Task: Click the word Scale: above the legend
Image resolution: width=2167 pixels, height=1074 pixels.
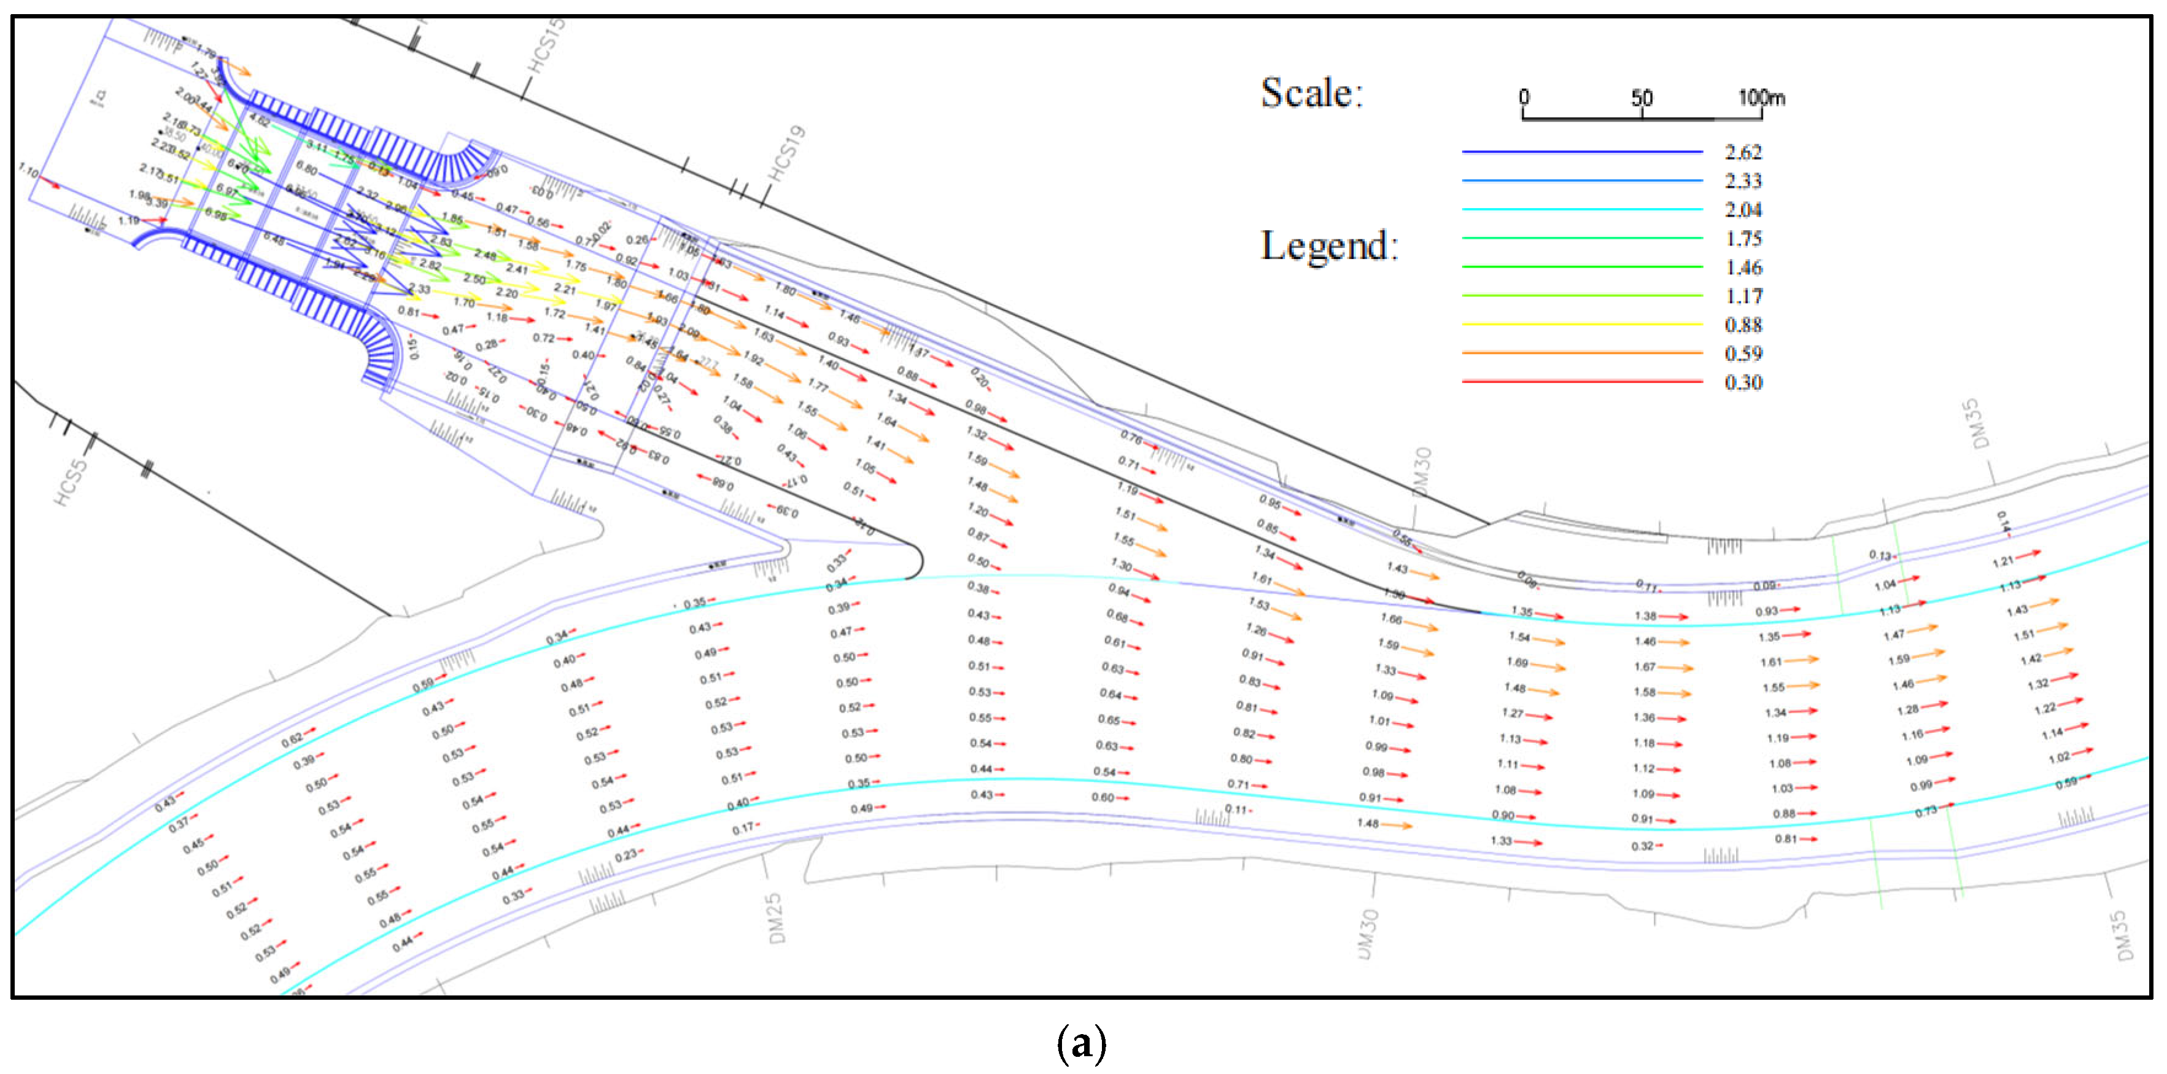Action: click(1311, 93)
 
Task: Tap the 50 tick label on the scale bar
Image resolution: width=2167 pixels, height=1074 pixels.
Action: click(1642, 98)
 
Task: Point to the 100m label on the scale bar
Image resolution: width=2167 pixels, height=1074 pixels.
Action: click(1761, 98)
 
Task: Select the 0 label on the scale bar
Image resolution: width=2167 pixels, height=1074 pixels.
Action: click(1524, 98)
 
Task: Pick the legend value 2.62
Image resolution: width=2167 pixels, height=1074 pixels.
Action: click(1743, 152)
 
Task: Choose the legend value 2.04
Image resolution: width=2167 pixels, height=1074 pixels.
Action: click(1743, 209)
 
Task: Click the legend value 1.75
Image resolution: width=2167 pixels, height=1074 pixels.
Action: click(1743, 239)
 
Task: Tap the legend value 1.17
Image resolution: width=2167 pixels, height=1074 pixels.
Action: click(1743, 296)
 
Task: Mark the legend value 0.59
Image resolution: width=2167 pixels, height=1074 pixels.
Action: click(1743, 353)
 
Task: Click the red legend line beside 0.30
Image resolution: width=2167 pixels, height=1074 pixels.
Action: click(1581, 382)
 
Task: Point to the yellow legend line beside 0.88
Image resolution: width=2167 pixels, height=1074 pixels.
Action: click(1581, 325)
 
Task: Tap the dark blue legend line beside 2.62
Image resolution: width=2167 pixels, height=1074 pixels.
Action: click(1581, 152)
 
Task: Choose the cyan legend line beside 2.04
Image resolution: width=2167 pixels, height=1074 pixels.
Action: click(1581, 209)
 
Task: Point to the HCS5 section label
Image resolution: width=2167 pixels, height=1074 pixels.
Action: click(71, 482)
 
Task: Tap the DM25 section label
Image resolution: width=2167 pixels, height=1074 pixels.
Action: click(775, 918)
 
